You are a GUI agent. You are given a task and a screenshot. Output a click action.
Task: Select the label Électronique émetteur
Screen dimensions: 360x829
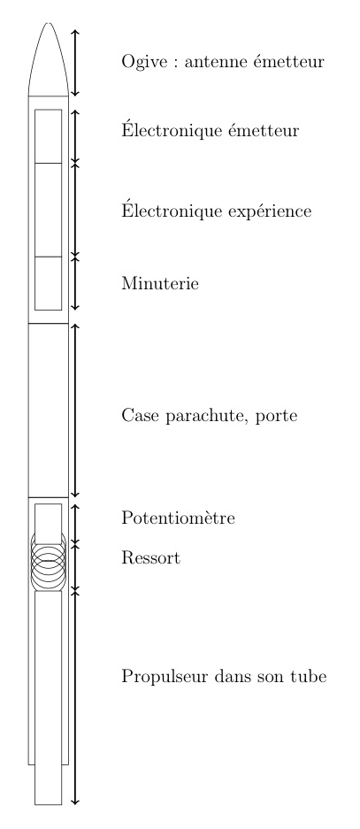(x=211, y=129)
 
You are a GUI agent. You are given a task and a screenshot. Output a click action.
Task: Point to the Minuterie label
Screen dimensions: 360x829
(x=160, y=283)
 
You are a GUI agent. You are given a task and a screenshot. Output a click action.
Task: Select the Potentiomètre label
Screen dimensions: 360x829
(x=178, y=518)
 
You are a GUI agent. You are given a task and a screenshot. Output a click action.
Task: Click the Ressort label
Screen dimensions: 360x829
(x=150, y=557)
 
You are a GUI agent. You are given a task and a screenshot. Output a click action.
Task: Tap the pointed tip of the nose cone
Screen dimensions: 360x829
(x=48, y=23)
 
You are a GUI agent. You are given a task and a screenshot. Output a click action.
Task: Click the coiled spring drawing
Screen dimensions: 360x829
(x=48, y=562)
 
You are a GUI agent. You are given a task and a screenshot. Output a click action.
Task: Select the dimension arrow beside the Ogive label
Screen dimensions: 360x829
(x=75, y=63)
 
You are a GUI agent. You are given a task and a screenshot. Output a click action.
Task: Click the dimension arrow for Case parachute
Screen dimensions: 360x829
(x=75, y=411)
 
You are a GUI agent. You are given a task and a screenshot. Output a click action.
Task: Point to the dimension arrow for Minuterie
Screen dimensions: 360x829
(x=75, y=283)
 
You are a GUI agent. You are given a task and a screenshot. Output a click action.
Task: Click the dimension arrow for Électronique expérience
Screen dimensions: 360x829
(x=75, y=210)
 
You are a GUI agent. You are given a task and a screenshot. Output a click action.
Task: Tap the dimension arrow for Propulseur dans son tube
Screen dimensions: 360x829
(x=75, y=698)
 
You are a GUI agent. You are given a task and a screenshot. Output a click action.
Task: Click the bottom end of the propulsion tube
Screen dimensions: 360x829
(x=48, y=804)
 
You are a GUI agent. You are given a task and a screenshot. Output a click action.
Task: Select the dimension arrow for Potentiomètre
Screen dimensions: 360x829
(x=75, y=524)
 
